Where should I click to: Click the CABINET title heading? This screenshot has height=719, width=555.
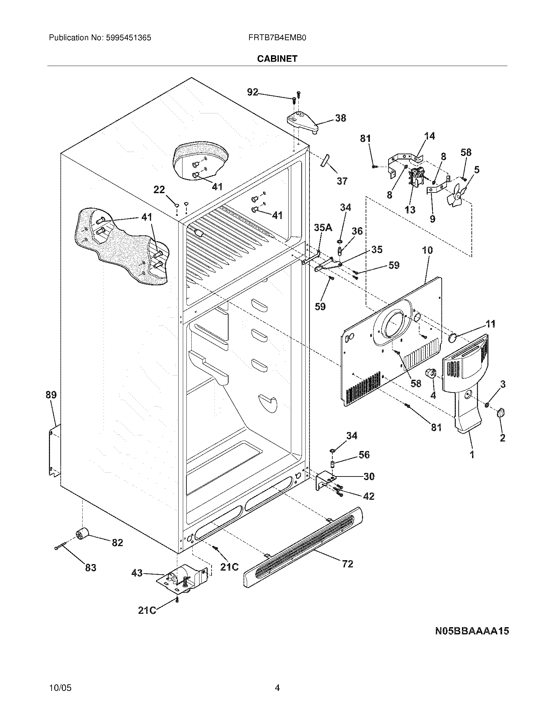277,59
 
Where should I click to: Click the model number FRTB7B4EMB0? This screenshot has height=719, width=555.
277,38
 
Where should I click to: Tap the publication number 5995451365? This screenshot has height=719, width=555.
128,38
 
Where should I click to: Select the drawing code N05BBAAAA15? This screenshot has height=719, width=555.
472,631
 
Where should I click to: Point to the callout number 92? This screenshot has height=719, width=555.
252,92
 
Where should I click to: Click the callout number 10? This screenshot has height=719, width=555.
427,250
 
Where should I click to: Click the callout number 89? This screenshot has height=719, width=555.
51,394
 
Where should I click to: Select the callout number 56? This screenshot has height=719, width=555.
364,455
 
